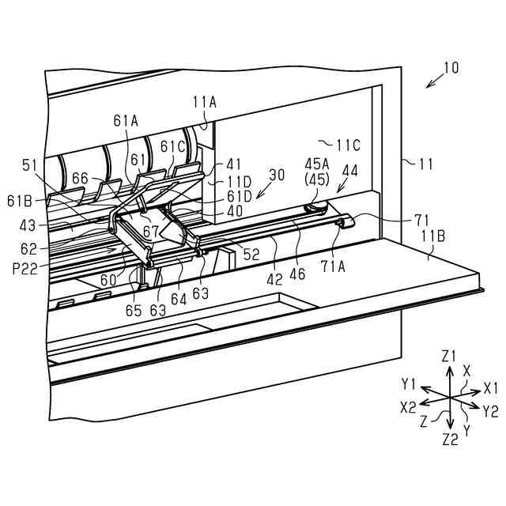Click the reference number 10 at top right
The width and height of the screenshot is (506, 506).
point(449,68)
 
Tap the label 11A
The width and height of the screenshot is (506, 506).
point(204,101)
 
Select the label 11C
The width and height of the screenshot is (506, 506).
point(347,145)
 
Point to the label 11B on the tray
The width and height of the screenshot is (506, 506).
point(433,234)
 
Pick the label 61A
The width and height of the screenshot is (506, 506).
point(126,120)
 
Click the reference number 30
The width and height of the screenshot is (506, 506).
point(277,175)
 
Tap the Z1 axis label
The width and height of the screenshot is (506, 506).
point(449,356)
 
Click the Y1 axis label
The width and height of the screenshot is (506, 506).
point(408,384)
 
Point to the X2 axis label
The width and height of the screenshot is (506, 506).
point(409,406)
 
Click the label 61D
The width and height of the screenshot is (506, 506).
point(238,196)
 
